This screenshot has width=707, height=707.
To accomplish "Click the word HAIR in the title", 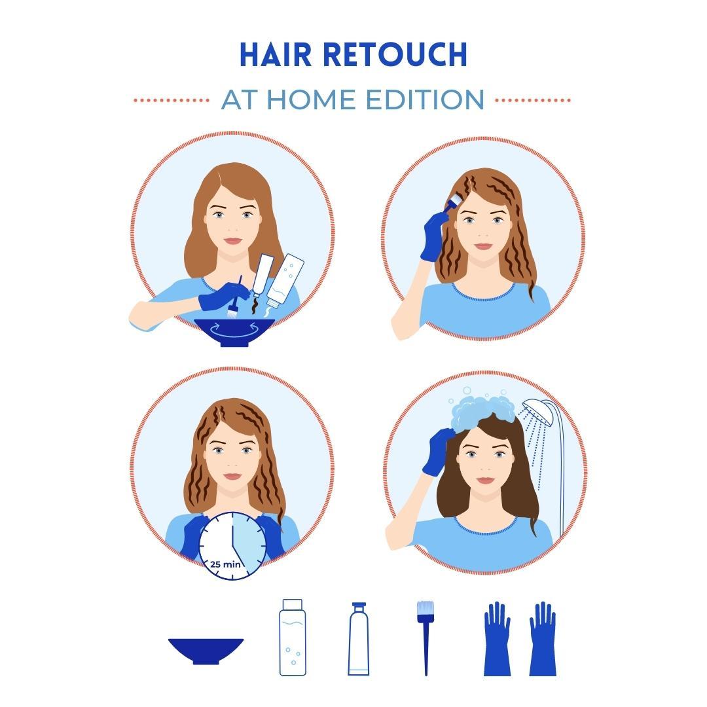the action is (276, 54).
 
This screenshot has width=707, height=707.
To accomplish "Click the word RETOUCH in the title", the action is (395, 54).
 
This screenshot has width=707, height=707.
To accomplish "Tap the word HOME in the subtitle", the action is (311, 100).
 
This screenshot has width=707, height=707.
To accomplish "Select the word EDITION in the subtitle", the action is (425, 100).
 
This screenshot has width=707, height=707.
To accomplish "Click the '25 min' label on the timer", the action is (225, 564).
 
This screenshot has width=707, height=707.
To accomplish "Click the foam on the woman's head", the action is (482, 411).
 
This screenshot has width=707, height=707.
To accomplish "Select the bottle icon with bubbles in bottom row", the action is (293, 637).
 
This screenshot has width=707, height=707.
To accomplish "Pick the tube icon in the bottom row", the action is (359, 638).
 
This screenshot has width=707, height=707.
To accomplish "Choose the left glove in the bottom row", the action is (497, 638).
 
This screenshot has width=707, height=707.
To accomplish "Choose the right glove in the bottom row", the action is (543, 638).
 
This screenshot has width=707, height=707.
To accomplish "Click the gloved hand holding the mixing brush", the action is (223, 296).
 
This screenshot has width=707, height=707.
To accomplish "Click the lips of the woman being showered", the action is (485, 480).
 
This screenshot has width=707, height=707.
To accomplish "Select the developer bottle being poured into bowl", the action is (285, 280).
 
